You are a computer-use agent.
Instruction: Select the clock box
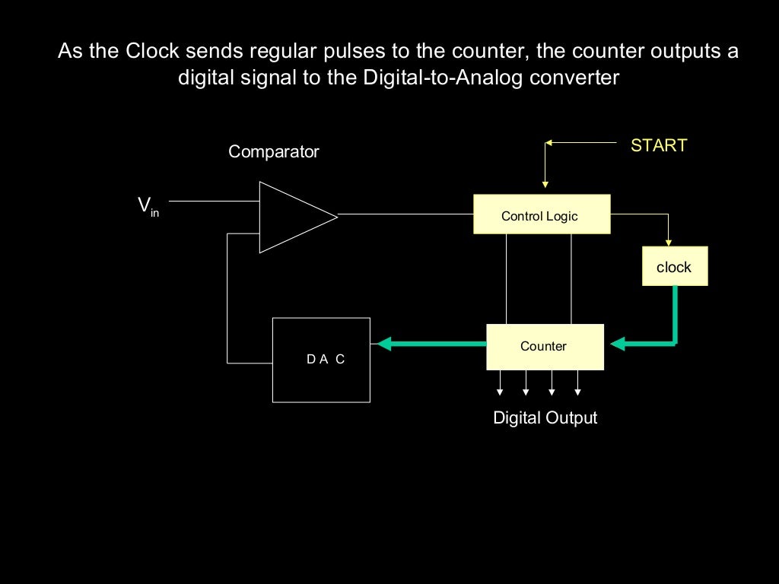[674, 266]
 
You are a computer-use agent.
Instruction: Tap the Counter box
[544, 347]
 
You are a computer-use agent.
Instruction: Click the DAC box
[321, 360]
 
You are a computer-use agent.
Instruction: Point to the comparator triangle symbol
[293, 217]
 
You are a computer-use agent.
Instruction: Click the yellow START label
[659, 145]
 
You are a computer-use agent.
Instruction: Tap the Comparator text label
[274, 151]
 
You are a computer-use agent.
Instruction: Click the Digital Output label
[545, 417]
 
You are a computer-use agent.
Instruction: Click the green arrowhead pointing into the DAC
[384, 344]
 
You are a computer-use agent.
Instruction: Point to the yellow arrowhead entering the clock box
[668, 242]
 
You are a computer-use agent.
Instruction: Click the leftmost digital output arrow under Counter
[500, 391]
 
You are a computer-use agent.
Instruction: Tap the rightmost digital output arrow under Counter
[578, 391]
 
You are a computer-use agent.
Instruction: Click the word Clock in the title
[151, 52]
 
